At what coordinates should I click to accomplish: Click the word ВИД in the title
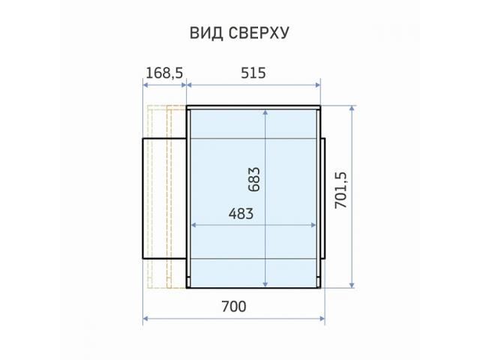(x=206, y=33)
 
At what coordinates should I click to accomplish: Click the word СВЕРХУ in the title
(x=259, y=33)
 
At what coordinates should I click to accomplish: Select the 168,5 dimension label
(x=164, y=73)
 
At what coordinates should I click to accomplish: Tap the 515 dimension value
(x=253, y=73)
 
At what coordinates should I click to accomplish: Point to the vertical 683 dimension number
(x=254, y=179)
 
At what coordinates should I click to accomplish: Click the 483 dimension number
(x=241, y=214)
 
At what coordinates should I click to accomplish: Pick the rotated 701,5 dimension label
(x=340, y=190)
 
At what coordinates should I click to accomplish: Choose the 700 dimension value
(x=233, y=307)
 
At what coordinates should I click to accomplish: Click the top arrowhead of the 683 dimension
(x=265, y=112)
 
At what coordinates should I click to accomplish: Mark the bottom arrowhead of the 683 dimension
(x=265, y=284)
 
